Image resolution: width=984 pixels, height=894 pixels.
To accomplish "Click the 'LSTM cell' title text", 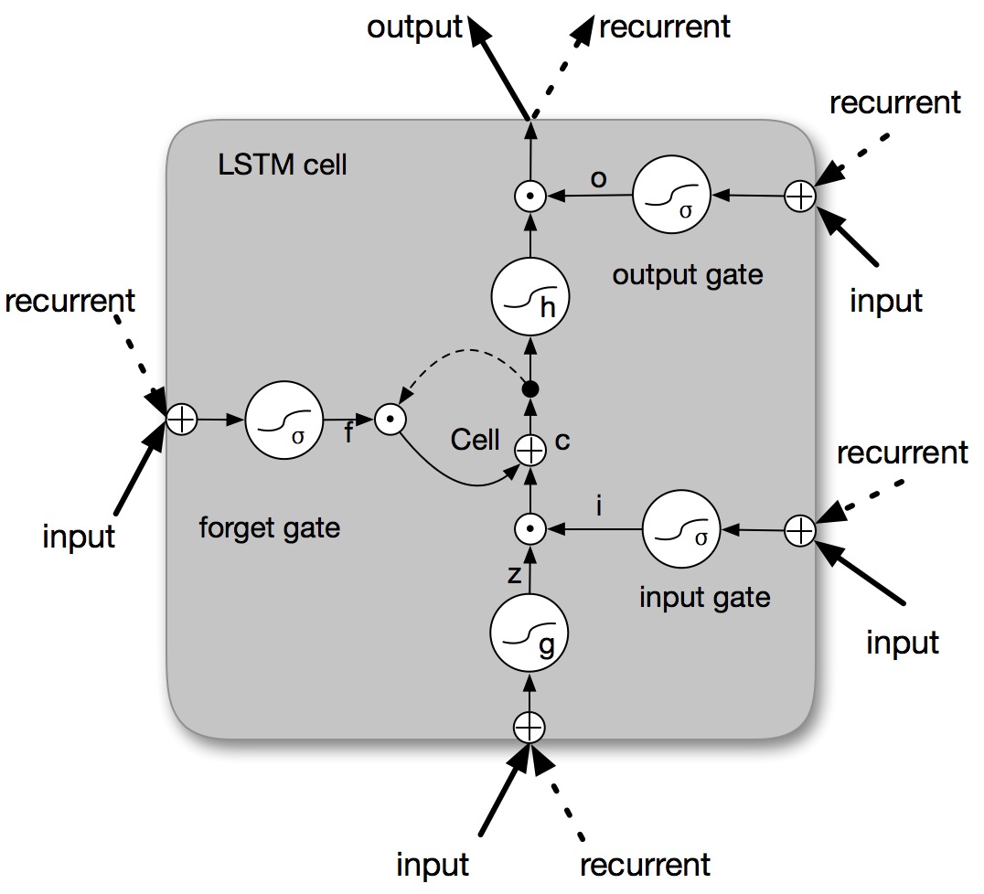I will pos(283,166).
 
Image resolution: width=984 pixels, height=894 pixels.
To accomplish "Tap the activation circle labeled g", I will pos(529,637).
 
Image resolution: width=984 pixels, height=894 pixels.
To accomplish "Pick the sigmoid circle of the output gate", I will pos(671,195).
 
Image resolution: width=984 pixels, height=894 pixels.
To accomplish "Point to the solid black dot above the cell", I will pos(529,388).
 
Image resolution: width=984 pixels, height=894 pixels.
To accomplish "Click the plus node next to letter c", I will pos(529,448).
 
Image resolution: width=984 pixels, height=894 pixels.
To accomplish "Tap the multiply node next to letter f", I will pos(390,420).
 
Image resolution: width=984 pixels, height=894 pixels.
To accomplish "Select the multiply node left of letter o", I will pos(529,196).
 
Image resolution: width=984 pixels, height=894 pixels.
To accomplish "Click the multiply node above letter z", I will pos(529,528).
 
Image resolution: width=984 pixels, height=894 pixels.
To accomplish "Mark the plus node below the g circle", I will pos(529,727).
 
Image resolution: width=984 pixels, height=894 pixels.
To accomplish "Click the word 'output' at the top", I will pos(415,27).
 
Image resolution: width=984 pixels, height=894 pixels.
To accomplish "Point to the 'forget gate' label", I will pos(269,527).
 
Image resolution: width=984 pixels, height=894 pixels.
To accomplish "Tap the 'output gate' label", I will pos(688,273).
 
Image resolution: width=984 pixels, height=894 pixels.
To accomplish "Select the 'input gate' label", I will pos(704,597).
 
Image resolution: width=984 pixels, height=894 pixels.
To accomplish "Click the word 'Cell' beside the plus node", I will pos(475,440).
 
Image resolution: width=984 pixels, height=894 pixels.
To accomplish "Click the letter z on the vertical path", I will pos(514,574).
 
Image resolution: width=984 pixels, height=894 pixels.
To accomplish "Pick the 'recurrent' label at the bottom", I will pos(645,864).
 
